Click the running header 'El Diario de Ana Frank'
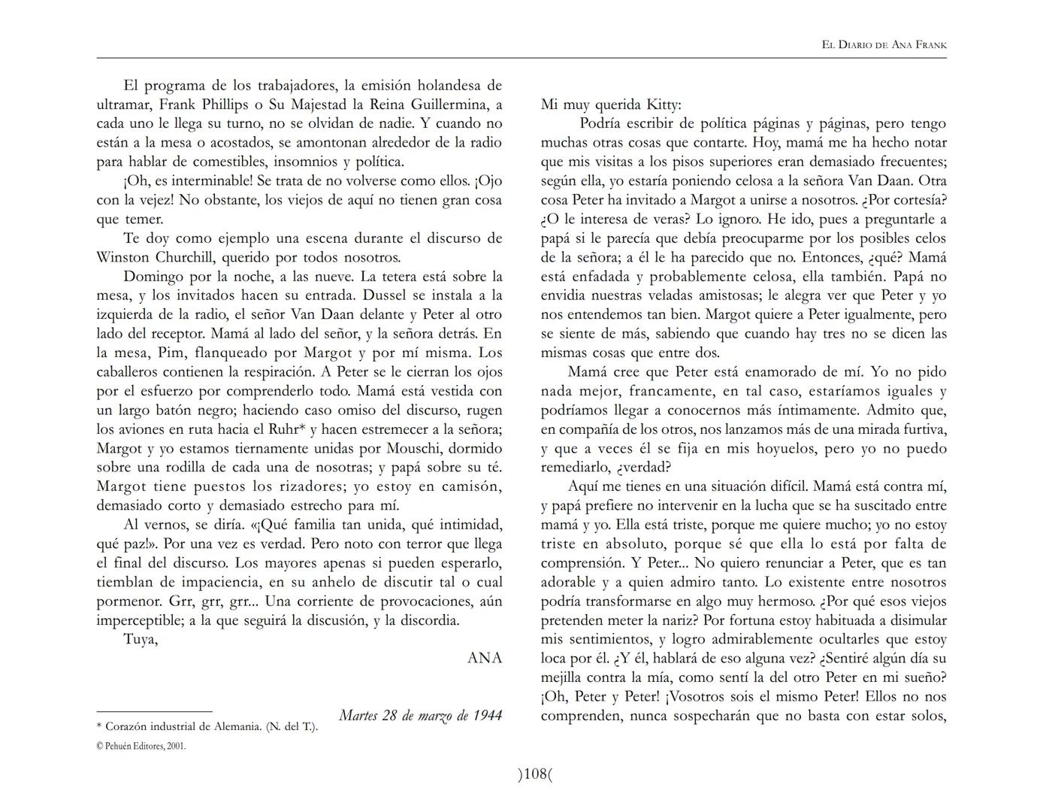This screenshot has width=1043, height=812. click(x=884, y=45)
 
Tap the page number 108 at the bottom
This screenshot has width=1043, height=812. click(x=534, y=774)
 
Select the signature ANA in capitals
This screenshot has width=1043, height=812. click(x=485, y=658)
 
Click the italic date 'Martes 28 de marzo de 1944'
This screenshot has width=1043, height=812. click(x=420, y=715)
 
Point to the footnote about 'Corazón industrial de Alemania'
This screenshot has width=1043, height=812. click(x=207, y=727)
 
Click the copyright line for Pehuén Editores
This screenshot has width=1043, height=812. click(x=141, y=747)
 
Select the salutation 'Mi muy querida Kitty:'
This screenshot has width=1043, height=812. click(x=611, y=105)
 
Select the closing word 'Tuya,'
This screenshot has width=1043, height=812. click(x=141, y=640)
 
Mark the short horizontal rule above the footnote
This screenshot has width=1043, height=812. click(x=154, y=711)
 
